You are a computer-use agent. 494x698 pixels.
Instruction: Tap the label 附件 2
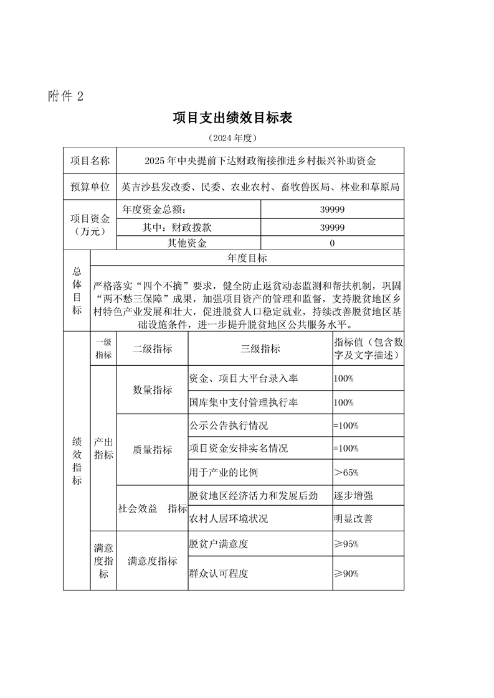point(65,96)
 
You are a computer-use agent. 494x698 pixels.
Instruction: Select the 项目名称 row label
point(90,161)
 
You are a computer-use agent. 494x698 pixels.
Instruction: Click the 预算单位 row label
point(90,186)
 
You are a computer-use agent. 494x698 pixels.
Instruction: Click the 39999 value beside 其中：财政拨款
point(332,228)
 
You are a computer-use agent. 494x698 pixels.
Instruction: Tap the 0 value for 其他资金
point(332,243)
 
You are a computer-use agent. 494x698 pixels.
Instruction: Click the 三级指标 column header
point(260,349)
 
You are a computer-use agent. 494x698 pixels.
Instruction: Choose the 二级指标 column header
point(153,349)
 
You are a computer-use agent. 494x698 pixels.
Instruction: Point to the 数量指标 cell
point(153,390)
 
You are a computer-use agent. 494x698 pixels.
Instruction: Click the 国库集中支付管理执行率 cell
point(244,403)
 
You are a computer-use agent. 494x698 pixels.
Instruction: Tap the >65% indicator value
point(346,472)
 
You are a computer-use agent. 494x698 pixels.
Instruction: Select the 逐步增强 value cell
point(353,496)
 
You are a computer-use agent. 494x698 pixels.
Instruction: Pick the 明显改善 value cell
point(353,519)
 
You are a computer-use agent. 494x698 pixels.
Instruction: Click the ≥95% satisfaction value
point(346,544)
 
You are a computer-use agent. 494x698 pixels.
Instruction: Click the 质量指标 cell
point(153,449)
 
